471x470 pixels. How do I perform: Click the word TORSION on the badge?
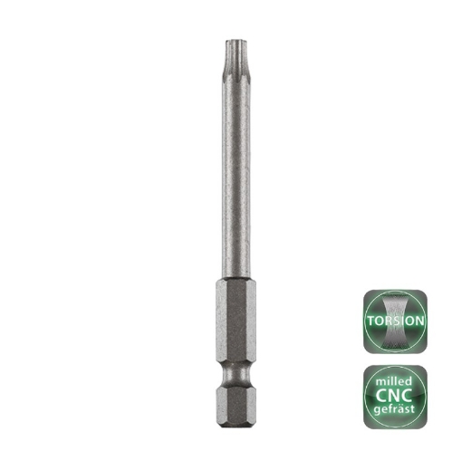(394, 321)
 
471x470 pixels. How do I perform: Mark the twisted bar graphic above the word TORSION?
(394, 303)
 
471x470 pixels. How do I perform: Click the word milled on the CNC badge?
(394, 379)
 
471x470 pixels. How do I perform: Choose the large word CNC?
(394, 397)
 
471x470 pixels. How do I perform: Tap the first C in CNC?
(377, 397)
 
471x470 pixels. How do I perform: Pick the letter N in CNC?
(394, 397)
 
